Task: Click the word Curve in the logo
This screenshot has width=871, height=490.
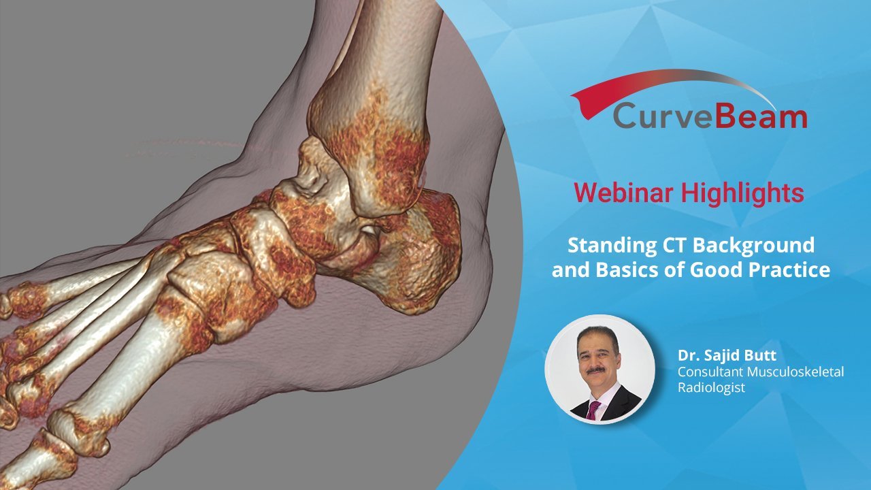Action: click(663, 116)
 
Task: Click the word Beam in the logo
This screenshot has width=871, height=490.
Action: click(761, 116)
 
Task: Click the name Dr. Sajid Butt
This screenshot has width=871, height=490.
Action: click(727, 355)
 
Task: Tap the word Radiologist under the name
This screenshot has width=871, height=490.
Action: click(712, 388)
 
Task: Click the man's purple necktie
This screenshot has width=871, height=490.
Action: click(593, 410)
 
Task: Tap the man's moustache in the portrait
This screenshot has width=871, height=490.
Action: click(595, 370)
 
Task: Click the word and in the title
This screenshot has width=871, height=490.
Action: click(570, 270)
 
